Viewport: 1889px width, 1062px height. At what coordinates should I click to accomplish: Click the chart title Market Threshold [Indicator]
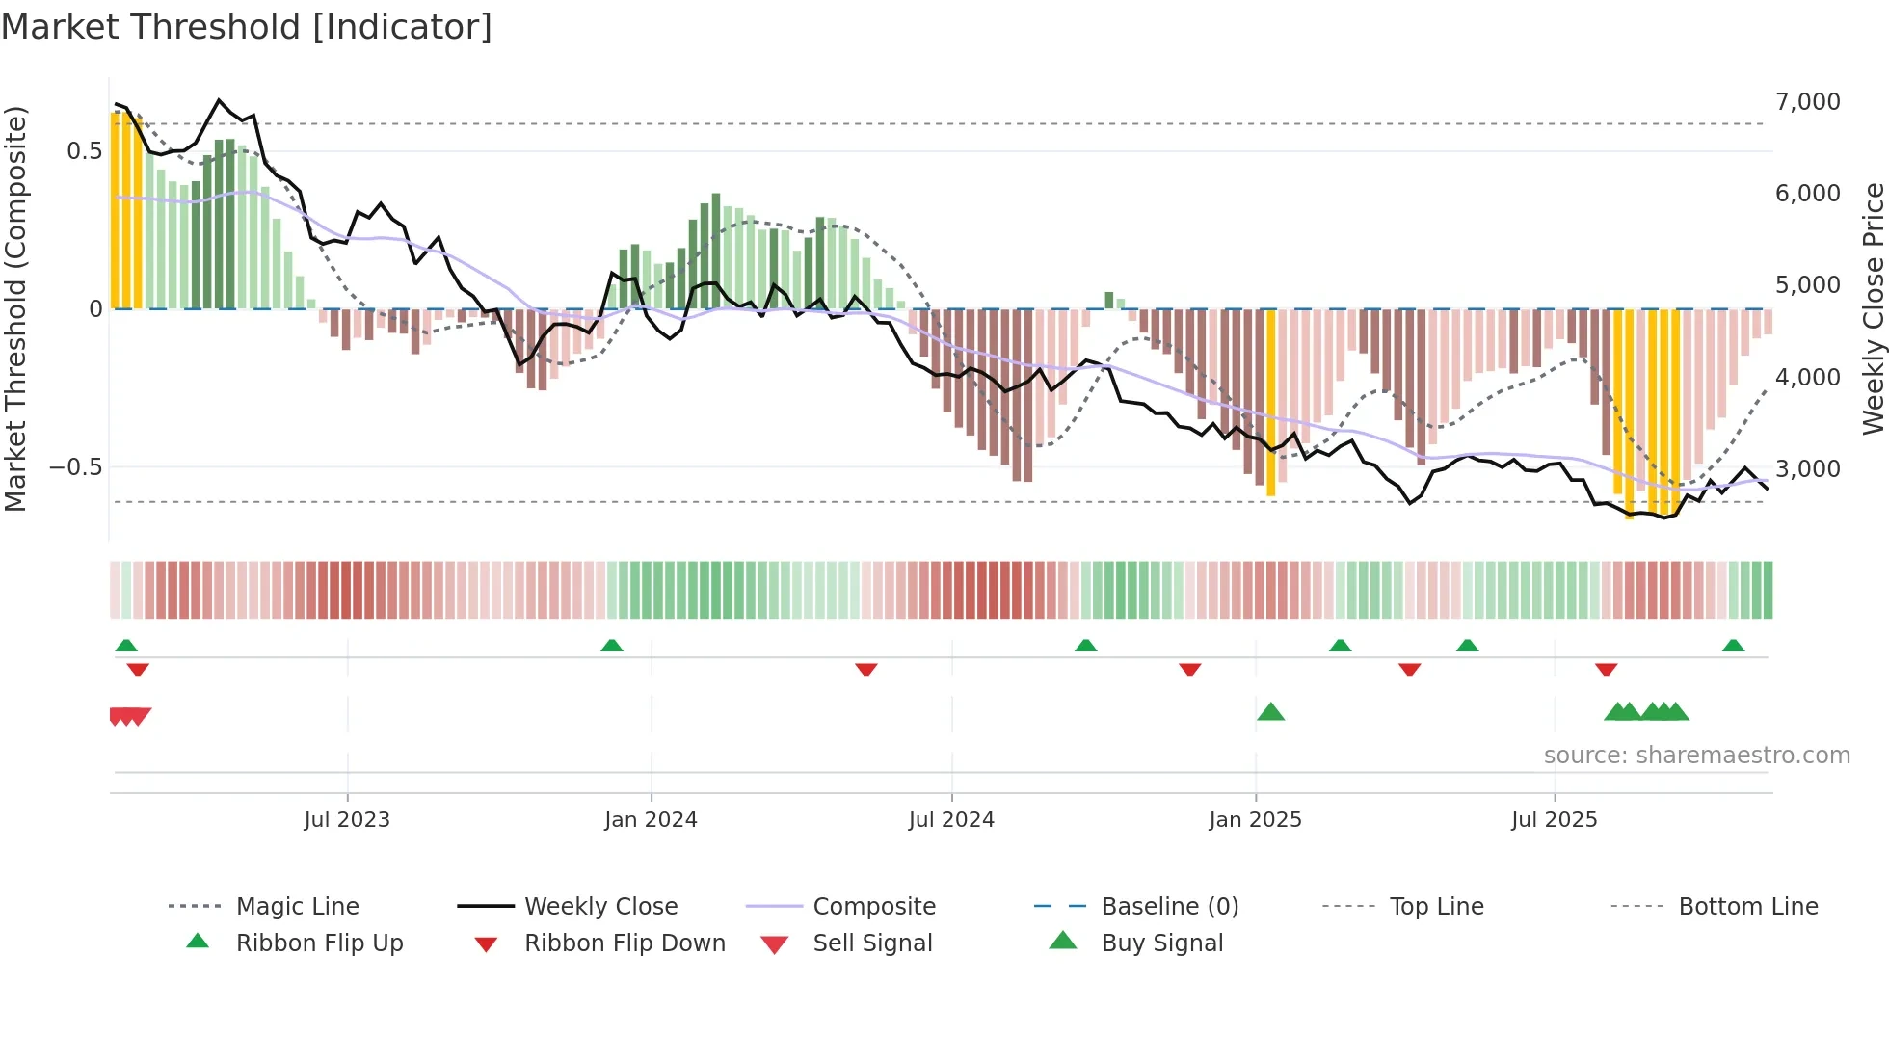click(247, 27)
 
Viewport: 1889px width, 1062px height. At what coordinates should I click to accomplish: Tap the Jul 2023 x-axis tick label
click(347, 820)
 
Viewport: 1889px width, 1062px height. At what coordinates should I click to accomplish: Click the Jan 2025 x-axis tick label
click(1255, 820)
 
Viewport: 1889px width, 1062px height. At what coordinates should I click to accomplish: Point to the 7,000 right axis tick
click(1807, 101)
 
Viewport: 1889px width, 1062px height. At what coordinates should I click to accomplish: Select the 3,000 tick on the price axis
click(1807, 468)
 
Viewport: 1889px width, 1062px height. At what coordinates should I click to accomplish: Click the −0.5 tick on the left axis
click(75, 467)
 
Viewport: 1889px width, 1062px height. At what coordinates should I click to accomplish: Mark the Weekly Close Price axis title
click(1873, 308)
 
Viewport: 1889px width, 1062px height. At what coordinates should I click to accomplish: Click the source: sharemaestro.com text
click(1696, 755)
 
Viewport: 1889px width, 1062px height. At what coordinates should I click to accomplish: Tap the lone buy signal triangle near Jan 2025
click(1270, 712)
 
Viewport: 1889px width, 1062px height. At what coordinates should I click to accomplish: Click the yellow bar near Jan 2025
click(1270, 405)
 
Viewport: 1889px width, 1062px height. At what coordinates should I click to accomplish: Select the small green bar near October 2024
click(1108, 300)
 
